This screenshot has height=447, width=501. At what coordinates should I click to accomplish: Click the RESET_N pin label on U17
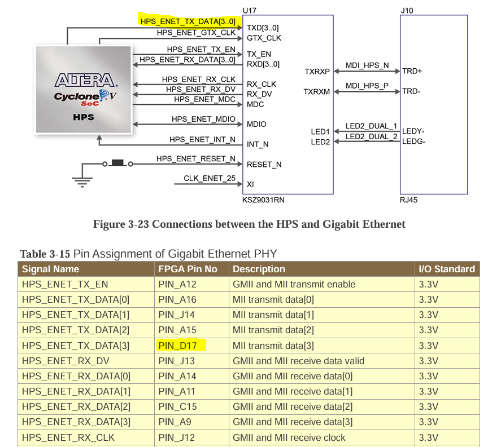[264, 165]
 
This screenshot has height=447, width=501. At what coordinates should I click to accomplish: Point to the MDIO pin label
[256, 124]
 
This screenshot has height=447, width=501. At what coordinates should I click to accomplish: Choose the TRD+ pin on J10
[412, 71]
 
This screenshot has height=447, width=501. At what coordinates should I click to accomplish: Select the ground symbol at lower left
[82, 180]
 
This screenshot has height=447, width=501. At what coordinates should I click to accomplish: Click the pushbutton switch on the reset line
[117, 163]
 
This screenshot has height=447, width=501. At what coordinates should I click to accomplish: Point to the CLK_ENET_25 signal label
[210, 179]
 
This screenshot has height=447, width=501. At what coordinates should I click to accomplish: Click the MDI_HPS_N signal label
[367, 65]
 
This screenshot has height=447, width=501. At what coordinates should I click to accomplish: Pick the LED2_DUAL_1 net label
[371, 126]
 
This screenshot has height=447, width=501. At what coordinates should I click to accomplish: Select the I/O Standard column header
[446, 269]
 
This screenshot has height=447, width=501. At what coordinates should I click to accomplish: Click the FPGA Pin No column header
[188, 269]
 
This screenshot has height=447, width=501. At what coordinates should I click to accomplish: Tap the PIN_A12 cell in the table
[177, 284]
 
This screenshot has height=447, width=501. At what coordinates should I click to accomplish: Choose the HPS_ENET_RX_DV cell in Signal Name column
[66, 361]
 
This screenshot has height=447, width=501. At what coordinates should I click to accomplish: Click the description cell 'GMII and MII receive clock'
[289, 437]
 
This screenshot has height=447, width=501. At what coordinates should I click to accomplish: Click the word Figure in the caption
[109, 224]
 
